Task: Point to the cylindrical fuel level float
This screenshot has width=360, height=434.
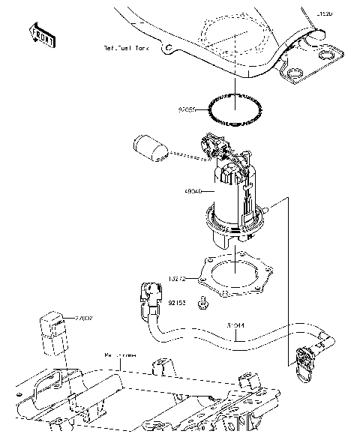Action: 148,148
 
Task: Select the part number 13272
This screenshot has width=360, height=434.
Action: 187,277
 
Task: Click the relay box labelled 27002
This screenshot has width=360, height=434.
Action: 52,329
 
